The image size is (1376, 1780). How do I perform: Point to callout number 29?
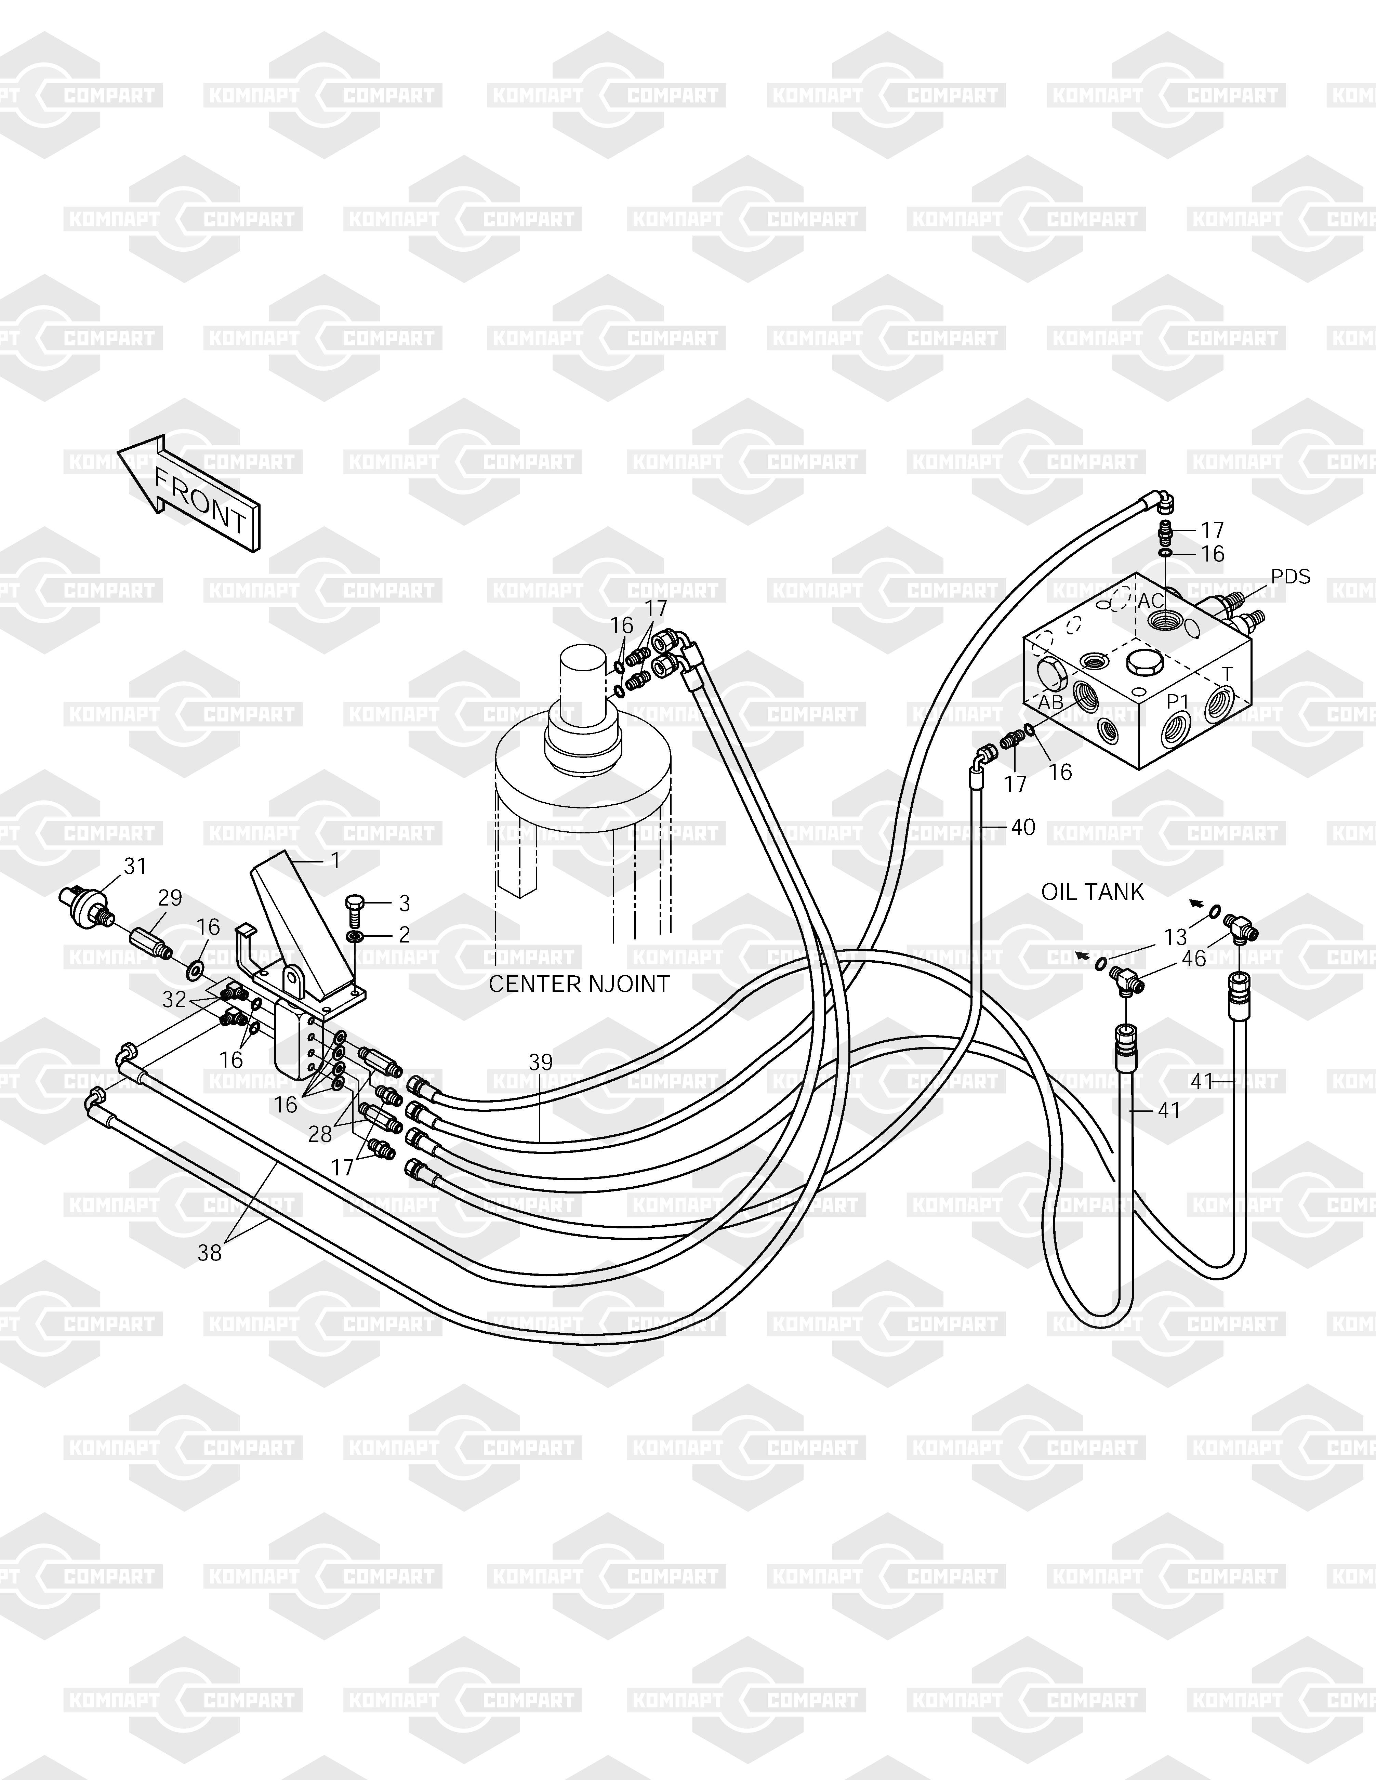tap(170, 898)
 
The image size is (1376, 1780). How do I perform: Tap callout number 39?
tap(541, 1062)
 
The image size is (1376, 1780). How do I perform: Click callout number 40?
tap(1023, 827)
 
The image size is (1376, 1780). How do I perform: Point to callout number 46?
tap(1194, 959)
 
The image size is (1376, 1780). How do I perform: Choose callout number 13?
tap(1175, 938)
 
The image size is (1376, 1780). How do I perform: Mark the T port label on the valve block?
tap(1228, 674)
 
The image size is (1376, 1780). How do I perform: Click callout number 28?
tap(320, 1134)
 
